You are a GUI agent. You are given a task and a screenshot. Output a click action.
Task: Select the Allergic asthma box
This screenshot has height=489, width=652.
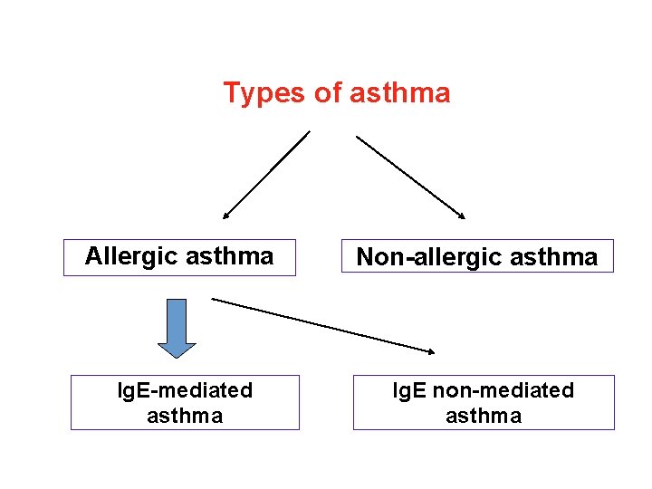pos(179,256)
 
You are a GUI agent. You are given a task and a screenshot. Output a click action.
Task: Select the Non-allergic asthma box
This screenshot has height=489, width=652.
pos(477,256)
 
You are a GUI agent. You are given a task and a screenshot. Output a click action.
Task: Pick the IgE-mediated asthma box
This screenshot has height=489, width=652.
pos(185,402)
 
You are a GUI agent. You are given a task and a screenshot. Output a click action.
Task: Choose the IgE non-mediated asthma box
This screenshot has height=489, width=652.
pos(483,402)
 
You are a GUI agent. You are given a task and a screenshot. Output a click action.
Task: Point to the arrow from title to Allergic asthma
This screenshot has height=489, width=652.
pos(266,175)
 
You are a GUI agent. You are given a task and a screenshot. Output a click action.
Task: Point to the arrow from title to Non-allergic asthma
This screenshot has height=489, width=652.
pos(410,177)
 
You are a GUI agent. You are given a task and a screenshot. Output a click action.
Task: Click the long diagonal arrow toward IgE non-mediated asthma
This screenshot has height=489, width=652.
pos(322,324)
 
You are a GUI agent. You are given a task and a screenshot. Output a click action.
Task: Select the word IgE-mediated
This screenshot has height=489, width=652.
pos(186,390)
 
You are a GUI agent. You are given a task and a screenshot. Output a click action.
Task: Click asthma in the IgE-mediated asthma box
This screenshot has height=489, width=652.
pos(185,416)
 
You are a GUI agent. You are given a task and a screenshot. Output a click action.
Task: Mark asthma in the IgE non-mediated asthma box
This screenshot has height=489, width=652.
pos(483,416)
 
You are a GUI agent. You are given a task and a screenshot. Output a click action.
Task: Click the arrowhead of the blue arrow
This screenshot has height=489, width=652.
pos(177,349)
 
